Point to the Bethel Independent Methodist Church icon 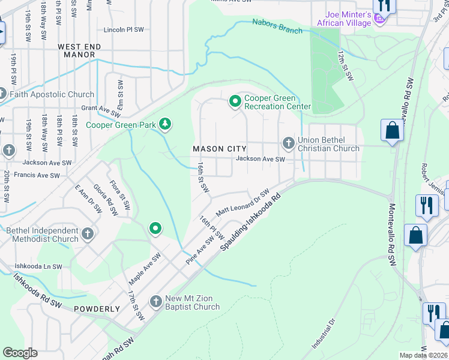coord(87,233)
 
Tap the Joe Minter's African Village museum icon coord(379,19)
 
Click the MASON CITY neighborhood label coord(217,149)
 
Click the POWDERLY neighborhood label coord(97,309)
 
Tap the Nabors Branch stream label coord(277,26)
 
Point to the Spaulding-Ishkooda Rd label coord(250,223)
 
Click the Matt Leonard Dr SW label coord(242,204)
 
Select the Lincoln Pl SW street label coord(124,29)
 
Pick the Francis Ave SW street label coord(38,176)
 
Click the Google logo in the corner coord(20,352)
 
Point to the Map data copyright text coord(423,355)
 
